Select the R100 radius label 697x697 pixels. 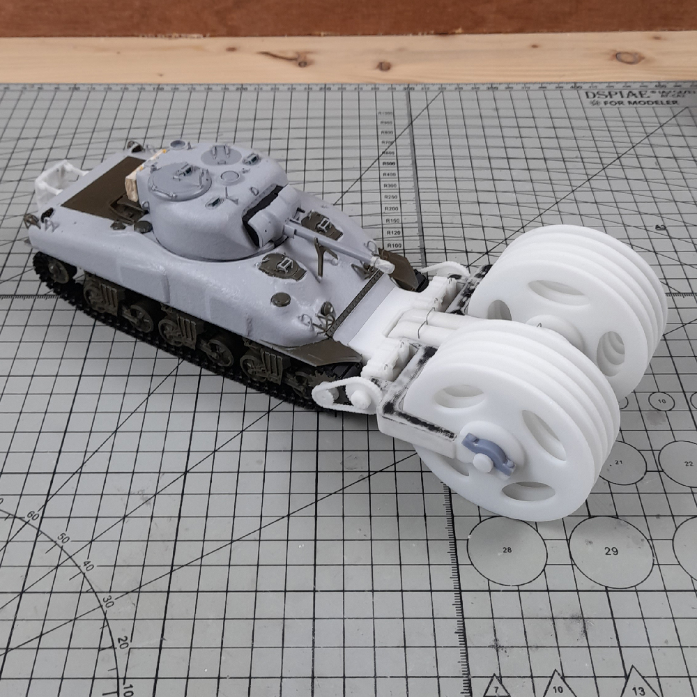[x=395, y=245]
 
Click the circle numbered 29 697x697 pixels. [x=611, y=551]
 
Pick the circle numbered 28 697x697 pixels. [x=507, y=550]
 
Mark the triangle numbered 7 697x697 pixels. [x=495, y=689]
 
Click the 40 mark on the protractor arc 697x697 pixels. [x=87, y=566]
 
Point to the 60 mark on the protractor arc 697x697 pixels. [x=32, y=516]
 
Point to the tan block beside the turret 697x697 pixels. [x=130, y=183]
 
